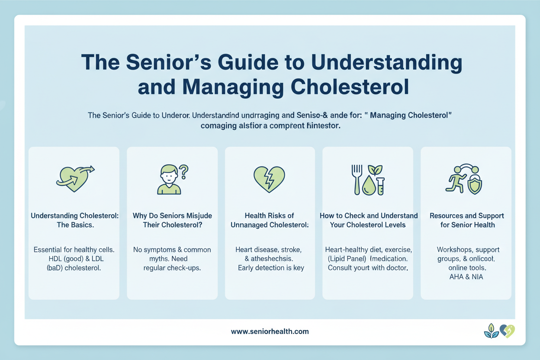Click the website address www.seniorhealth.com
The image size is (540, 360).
coord(270,331)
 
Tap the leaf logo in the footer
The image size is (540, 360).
coord(491,331)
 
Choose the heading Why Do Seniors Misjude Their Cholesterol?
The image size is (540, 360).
coord(172,220)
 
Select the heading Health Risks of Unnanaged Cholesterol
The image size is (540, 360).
coord(269,220)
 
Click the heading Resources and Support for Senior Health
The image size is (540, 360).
coord(466,220)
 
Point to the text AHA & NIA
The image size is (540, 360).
coord(466,277)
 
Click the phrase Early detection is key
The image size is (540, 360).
coord(271,268)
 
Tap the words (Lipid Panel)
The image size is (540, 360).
coord(345,259)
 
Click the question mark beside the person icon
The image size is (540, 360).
coord(183,172)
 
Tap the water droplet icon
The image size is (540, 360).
coord(369,186)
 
